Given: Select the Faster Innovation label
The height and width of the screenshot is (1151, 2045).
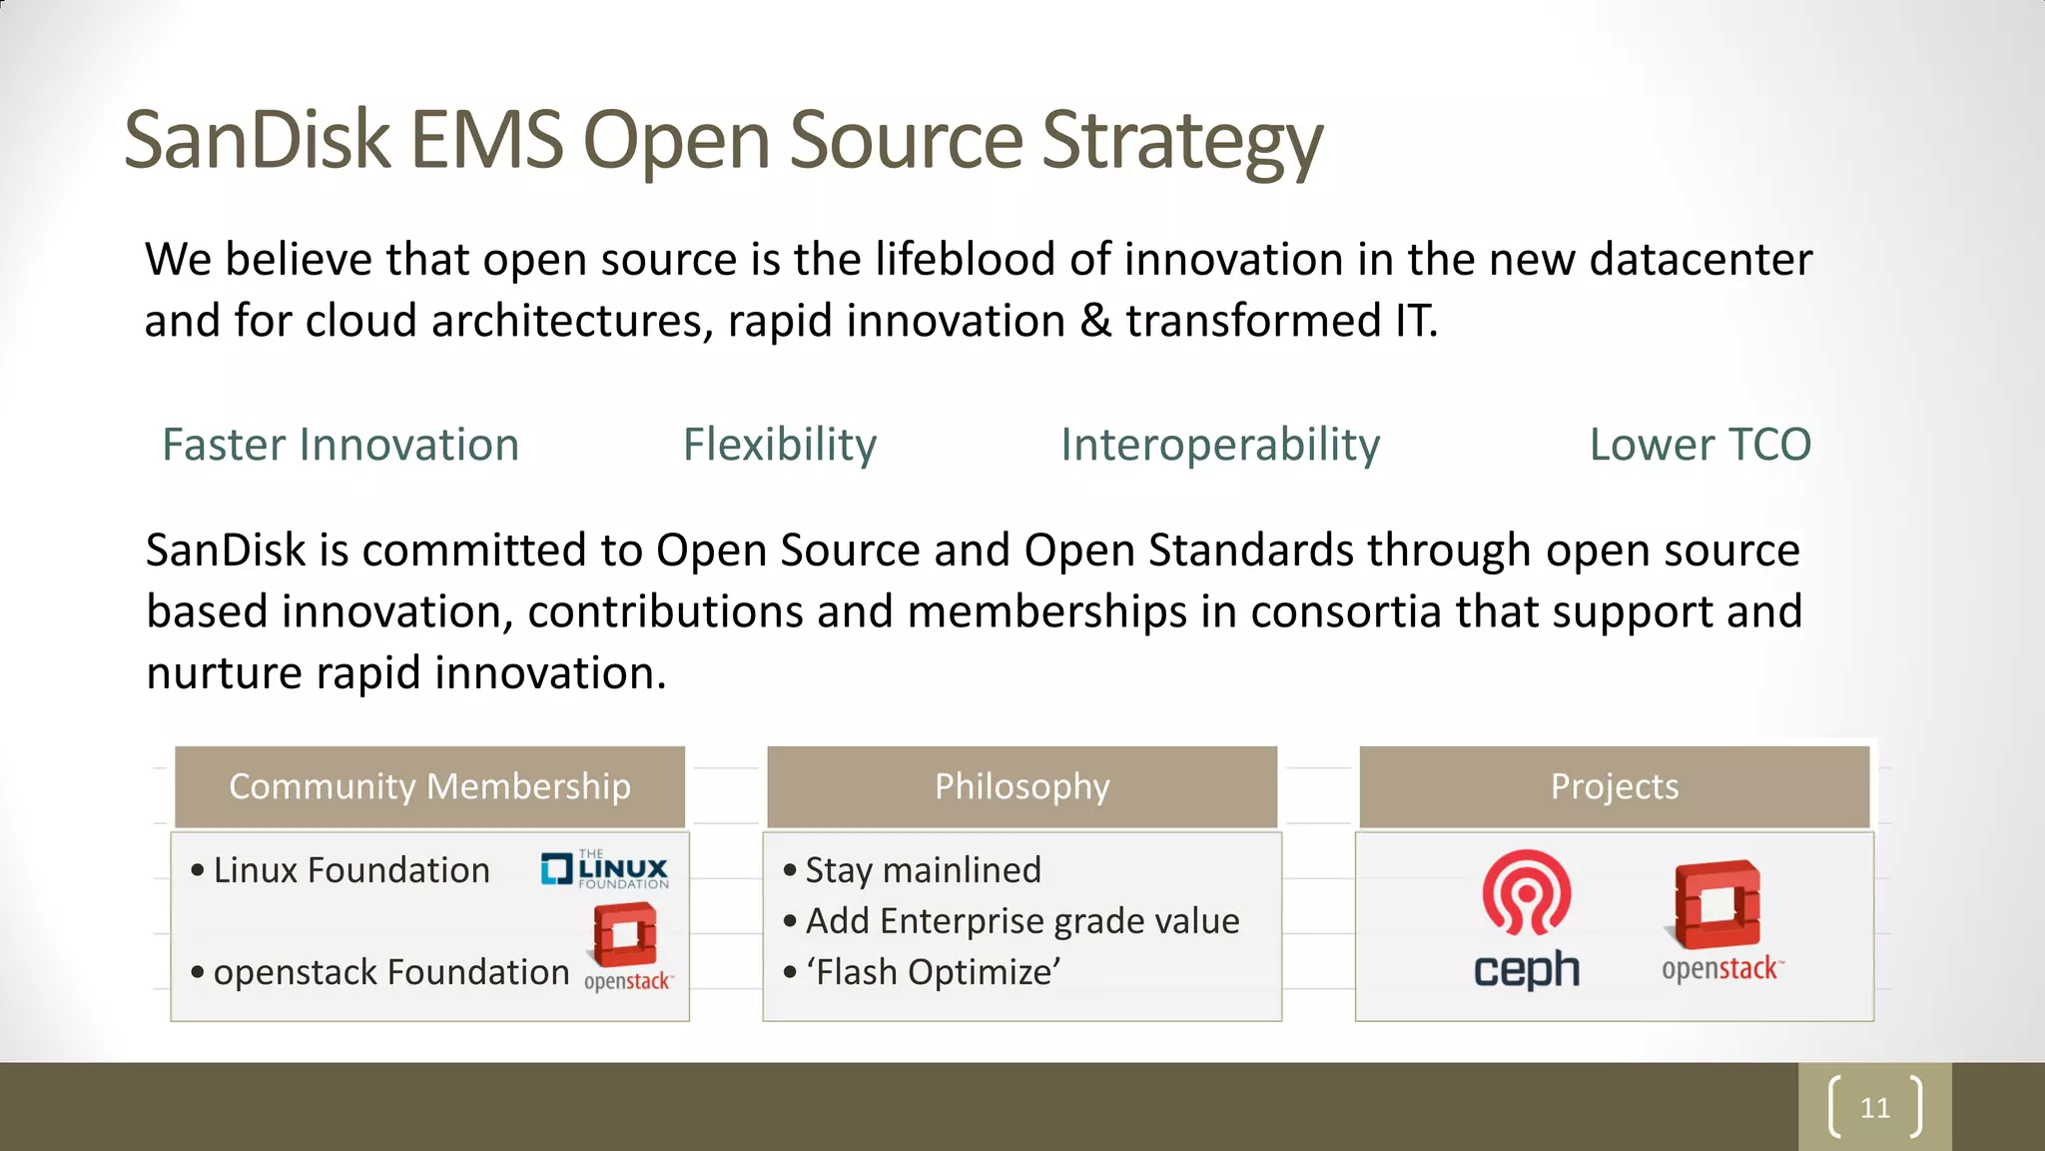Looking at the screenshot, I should point(341,445).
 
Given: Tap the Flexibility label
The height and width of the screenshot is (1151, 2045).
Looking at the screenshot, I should point(780,445).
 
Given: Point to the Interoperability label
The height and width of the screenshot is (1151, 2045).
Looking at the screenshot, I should point(1220,445).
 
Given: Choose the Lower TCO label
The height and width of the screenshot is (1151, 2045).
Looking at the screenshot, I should point(1700,445).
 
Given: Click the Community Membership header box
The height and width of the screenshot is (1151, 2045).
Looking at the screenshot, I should point(429,786).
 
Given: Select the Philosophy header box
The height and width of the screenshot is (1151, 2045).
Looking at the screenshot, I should point(1022,786).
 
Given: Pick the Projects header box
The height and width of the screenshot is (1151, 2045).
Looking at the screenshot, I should point(1614,786).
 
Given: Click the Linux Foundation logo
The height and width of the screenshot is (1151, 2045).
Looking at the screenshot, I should point(605,869).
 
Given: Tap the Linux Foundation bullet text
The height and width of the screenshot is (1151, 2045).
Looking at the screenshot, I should point(351,870).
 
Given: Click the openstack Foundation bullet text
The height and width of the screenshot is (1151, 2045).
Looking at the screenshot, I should point(390,972).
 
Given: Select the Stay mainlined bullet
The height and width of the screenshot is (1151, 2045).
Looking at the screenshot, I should point(923,870).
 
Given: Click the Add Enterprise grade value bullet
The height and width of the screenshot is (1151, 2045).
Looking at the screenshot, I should point(1022,921).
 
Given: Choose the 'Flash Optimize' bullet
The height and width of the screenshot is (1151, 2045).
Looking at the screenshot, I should point(933,972).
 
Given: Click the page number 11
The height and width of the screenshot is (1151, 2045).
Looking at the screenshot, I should point(1874,1108).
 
